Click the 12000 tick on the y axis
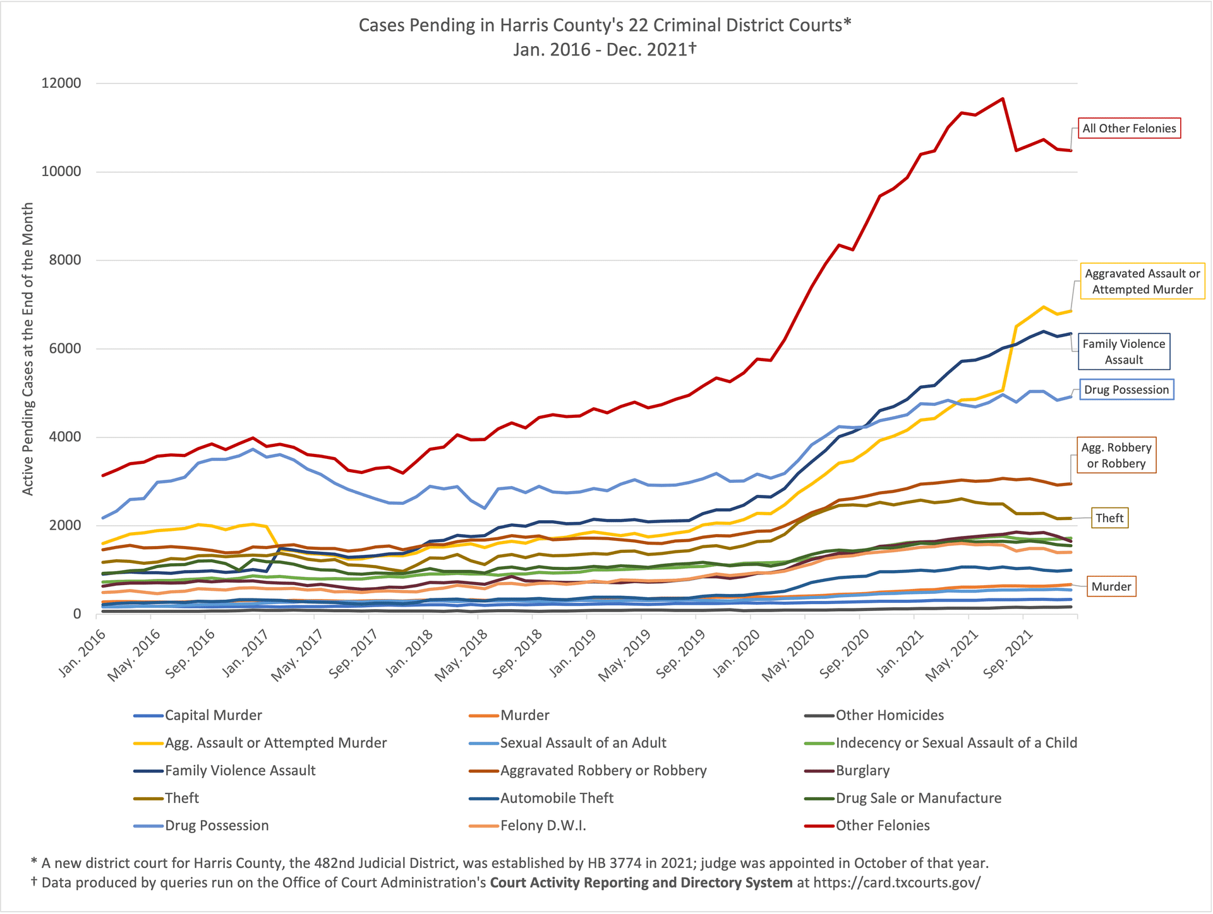click(61, 83)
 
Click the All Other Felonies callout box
click(1129, 129)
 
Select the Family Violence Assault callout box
click(1123, 352)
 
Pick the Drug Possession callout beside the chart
click(1126, 389)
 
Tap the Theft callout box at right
click(1109, 518)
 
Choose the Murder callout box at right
click(1111, 586)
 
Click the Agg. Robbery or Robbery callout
click(1116, 455)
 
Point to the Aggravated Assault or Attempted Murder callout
click(1142, 282)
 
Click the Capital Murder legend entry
click(213, 715)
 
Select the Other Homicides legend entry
click(889, 715)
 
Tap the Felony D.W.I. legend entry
click(543, 826)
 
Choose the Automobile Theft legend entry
click(556, 798)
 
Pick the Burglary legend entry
click(862, 771)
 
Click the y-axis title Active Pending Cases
click(28, 348)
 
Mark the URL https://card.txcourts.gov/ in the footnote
click(896, 882)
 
